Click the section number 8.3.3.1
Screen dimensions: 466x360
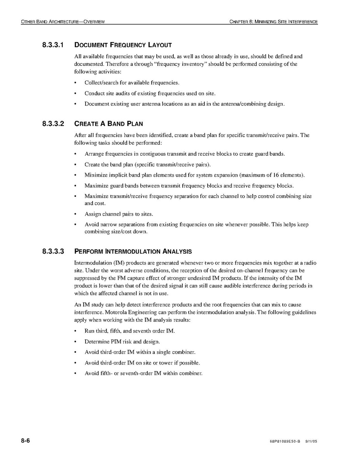(54, 45)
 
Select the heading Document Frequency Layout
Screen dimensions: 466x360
(123, 45)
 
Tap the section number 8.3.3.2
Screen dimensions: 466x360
(54, 124)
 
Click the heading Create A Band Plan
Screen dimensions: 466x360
(108, 124)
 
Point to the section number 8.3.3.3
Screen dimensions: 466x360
(54, 251)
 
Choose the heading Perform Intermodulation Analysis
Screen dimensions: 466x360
(133, 251)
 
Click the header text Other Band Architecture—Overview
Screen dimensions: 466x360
(63, 21)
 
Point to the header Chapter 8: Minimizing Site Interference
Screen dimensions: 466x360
(274, 21)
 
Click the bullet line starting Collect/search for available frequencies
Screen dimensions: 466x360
(132, 83)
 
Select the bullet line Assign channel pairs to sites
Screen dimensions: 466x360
(119, 214)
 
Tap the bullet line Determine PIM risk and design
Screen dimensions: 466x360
(122, 342)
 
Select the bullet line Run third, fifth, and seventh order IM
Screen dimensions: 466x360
(129, 331)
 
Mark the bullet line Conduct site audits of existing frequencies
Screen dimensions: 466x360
(150, 93)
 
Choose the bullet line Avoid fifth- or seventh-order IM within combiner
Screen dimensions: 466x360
(143, 373)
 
